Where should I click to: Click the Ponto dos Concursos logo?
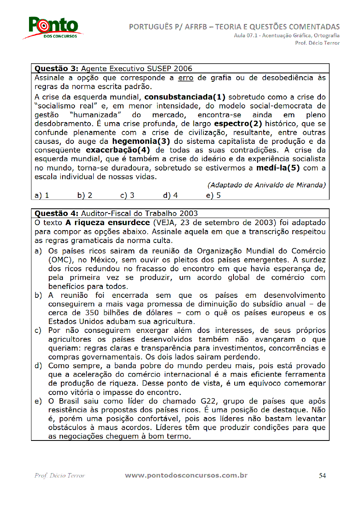point(53,27)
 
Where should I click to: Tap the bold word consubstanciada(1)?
point(185,97)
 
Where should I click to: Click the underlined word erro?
point(185,78)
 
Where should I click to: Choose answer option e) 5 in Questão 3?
point(213,195)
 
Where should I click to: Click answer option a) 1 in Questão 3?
point(42,195)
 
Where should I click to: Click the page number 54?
point(322,476)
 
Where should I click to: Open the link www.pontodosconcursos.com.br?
point(186,476)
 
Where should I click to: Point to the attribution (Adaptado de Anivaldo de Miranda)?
point(266,185)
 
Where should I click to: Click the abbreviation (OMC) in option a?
point(59,260)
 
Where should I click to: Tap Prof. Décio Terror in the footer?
point(60,476)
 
